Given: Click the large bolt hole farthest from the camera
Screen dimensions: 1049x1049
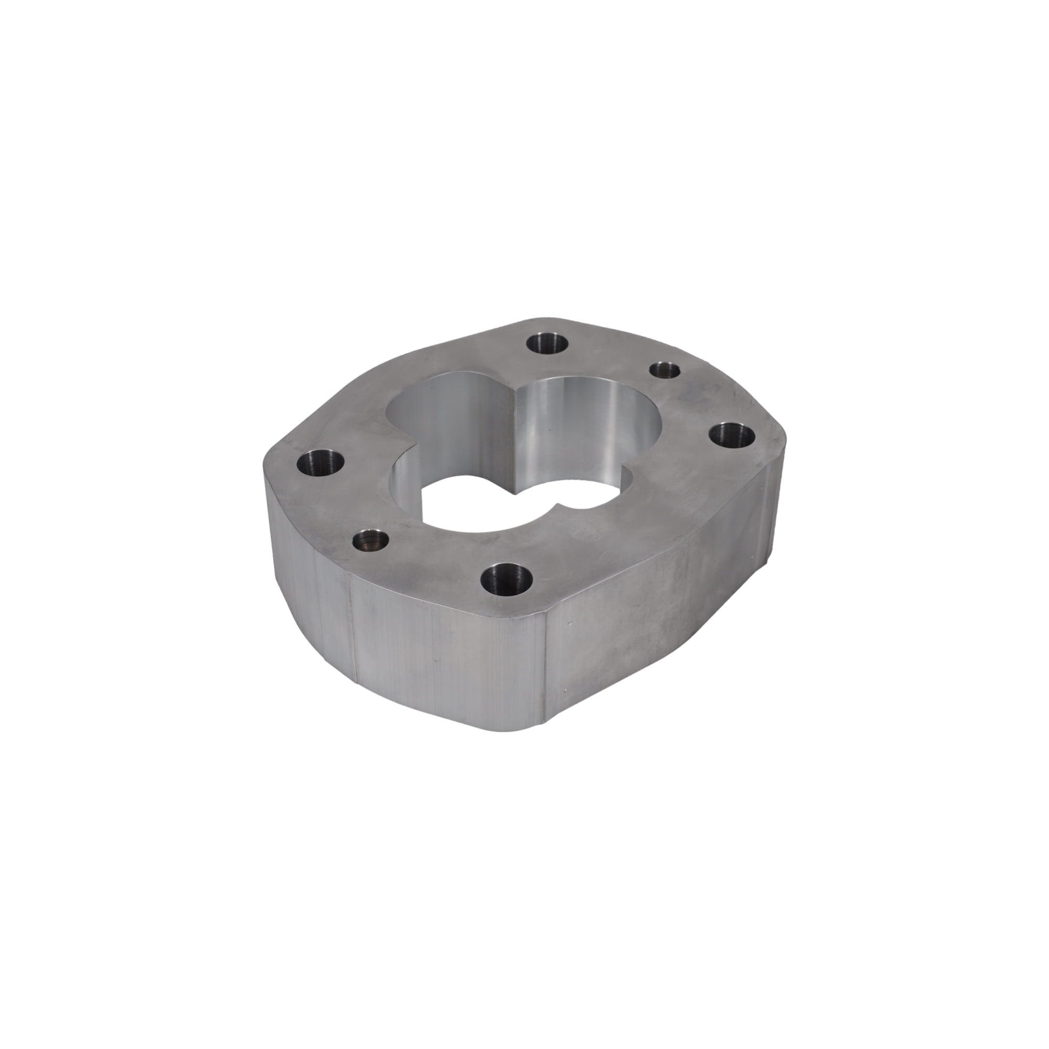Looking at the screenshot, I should pyautogui.click(x=547, y=344).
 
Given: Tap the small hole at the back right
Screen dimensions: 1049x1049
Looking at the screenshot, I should pyautogui.click(x=665, y=370).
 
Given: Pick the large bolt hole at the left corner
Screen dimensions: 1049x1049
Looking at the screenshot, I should pyautogui.click(x=322, y=465).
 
